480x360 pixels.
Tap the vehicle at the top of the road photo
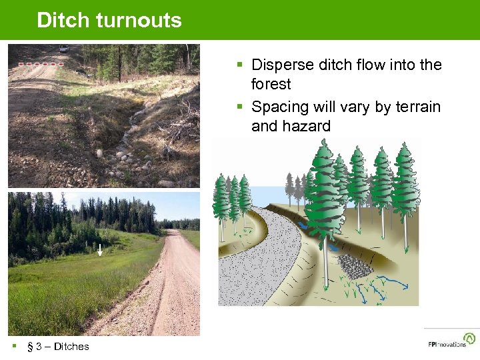pyautogui.click(x=63, y=48)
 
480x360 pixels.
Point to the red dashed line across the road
pyautogui.click(x=41, y=64)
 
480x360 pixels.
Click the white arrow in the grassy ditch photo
pyautogui.click(x=99, y=250)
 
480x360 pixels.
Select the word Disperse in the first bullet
pyautogui.click(x=283, y=65)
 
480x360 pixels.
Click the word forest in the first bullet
pyautogui.click(x=271, y=84)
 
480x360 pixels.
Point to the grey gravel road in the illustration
pyautogui.click(x=267, y=267)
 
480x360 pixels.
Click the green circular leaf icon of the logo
pyautogui.click(x=470, y=339)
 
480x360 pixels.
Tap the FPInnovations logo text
pyautogui.click(x=447, y=345)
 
